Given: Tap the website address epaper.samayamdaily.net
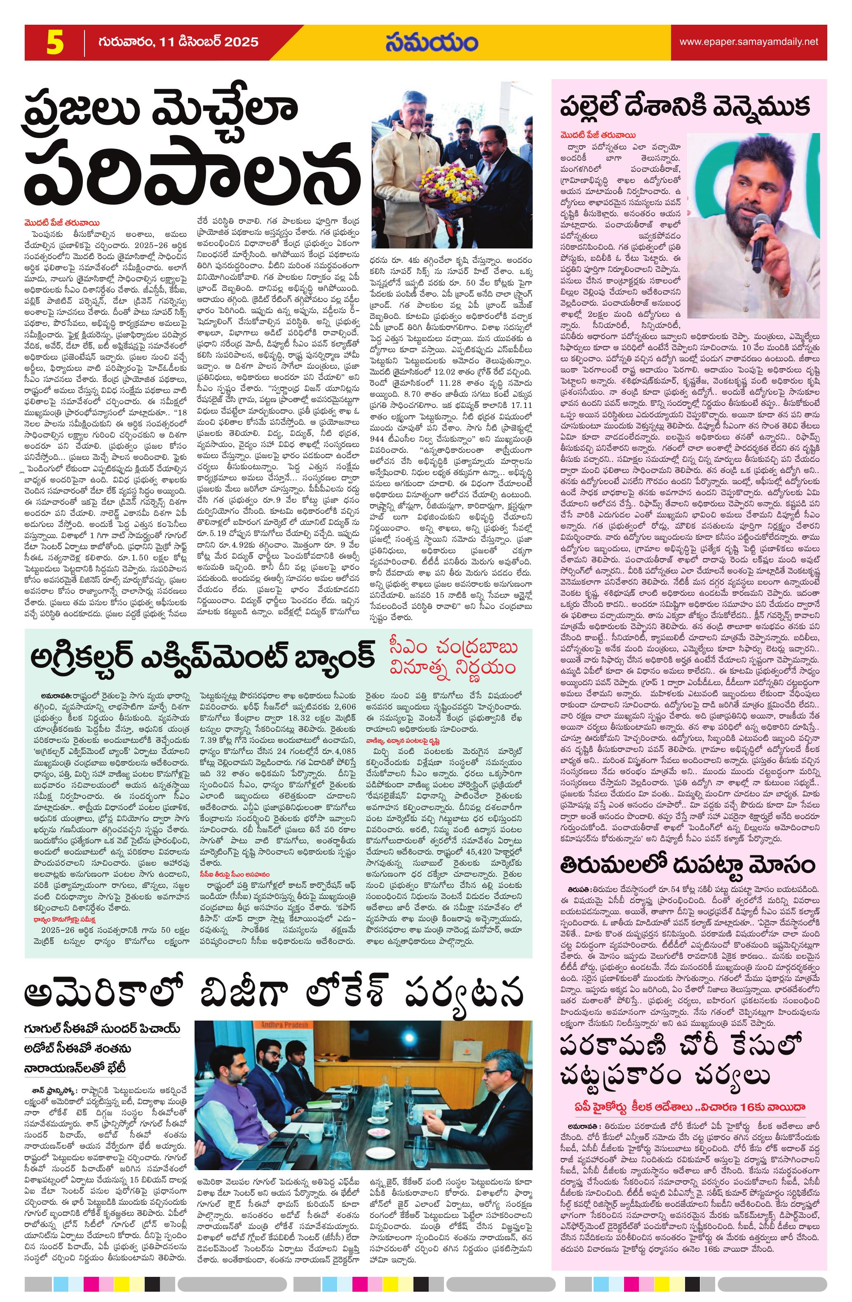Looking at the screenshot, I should click(748, 42).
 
